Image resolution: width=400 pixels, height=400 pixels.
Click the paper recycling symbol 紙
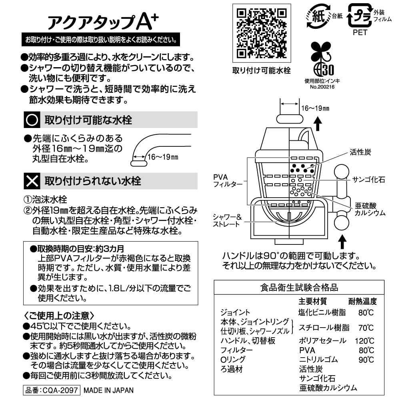click(x=318, y=17)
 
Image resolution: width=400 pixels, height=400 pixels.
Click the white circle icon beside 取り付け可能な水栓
click(x=32, y=120)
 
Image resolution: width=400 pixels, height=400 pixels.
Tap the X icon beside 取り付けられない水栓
click(x=32, y=181)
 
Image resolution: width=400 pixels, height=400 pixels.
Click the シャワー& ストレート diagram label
click(x=227, y=220)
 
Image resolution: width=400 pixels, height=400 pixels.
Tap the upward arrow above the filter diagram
click(x=318, y=124)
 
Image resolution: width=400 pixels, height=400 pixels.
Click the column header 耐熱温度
click(x=362, y=301)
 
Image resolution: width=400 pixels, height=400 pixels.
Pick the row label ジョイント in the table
click(x=235, y=312)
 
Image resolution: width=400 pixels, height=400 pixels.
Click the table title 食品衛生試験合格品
click(x=299, y=287)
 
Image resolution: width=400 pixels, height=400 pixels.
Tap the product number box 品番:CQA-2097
click(x=52, y=390)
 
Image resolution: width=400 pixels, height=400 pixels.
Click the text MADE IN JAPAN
click(x=109, y=390)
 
